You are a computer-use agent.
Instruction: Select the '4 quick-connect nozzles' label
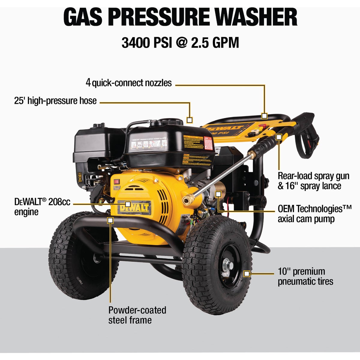[x=129, y=82]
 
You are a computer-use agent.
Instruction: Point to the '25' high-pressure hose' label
[x=55, y=100]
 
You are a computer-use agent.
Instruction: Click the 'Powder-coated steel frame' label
[x=137, y=315]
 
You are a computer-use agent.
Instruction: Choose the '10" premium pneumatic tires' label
[x=305, y=276]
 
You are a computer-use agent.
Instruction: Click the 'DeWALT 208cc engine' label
[x=42, y=206]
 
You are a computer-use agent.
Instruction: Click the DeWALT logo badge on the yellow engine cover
[x=134, y=207]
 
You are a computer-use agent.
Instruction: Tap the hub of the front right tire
[x=227, y=266]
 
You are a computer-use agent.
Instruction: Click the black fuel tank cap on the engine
[x=171, y=122]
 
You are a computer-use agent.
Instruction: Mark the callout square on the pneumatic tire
[x=247, y=274]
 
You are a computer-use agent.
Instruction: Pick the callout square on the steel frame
[x=110, y=220]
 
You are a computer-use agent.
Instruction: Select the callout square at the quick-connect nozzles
[x=264, y=116]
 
